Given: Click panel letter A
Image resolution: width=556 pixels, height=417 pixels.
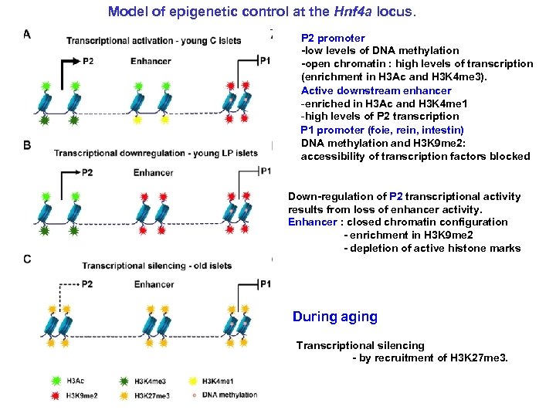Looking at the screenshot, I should (27, 34).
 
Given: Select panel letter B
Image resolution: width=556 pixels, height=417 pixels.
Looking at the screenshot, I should (27, 145).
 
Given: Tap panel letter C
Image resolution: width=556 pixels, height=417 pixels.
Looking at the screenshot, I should (27, 259).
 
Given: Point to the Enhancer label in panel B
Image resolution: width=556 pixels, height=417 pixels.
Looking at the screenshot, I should (153, 172).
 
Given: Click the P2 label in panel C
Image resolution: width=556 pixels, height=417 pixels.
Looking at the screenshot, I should (86, 284).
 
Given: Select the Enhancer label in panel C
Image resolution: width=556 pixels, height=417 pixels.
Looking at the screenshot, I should (154, 284).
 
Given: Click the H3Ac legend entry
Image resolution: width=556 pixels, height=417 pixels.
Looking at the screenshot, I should (76, 381).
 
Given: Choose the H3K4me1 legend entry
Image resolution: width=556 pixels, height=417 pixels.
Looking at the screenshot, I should (220, 381).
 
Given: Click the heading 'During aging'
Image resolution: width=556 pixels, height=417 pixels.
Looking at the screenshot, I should (334, 317).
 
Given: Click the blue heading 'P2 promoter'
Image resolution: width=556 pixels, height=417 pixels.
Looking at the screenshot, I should (333, 38).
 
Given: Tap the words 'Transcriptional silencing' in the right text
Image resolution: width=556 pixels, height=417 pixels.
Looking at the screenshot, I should (360, 345).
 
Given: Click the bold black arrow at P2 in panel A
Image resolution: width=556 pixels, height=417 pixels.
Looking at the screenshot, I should (68, 60).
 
